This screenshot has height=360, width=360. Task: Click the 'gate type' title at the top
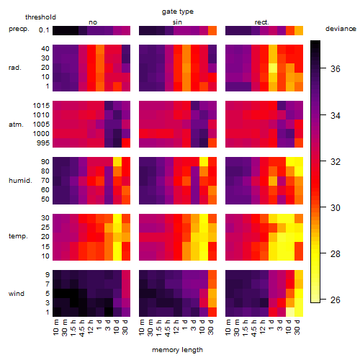[178, 12]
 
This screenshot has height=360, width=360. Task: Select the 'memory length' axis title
[177, 350]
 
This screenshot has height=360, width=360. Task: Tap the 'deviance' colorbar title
[341, 29]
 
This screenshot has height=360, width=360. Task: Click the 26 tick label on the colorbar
[336, 300]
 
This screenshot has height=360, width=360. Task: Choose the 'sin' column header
[177, 22]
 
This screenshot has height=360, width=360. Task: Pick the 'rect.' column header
[262, 22]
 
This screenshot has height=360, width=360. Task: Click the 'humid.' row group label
[20, 181]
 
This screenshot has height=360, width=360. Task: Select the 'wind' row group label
[17, 294]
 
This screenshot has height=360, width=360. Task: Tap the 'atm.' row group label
[16, 125]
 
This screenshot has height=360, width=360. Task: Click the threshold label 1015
[41, 106]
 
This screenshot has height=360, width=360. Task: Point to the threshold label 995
[43, 143]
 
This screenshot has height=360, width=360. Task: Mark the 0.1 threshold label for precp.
[44, 30]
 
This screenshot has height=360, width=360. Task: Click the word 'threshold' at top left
[40, 17]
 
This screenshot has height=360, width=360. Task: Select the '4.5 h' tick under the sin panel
[168, 328]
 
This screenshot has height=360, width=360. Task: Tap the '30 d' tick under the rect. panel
[298, 327]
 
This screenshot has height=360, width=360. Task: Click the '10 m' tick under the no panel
[56, 327]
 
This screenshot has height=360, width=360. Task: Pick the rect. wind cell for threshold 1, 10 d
[290, 312]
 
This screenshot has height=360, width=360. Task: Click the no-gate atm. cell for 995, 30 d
[126, 143]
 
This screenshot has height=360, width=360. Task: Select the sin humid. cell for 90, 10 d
[204, 162]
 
